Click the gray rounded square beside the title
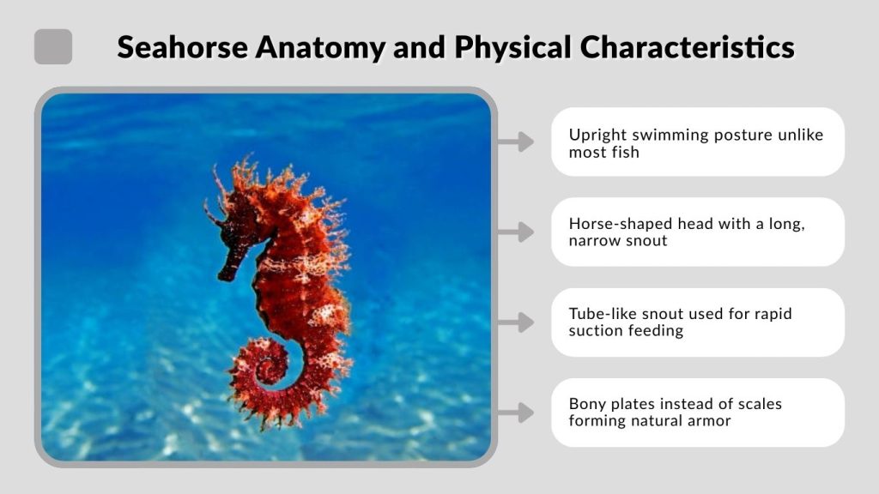pos(53,46)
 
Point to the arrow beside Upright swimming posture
pos(516,142)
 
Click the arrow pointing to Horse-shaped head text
pos(516,232)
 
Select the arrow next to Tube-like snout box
pos(516,322)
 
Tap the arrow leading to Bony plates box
pos(516,413)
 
